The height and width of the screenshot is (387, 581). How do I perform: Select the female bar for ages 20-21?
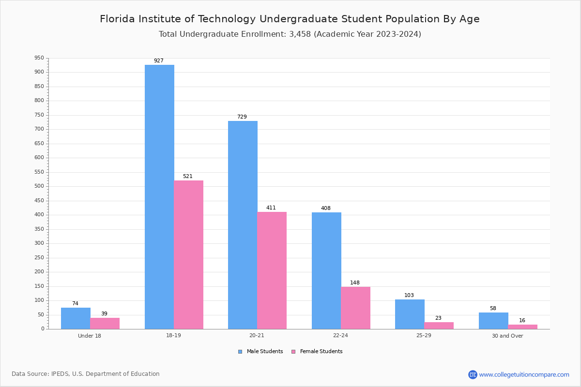pyautogui.click(x=272, y=270)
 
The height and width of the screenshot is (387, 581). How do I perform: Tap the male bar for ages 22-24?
pyautogui.click(x=326, y=270)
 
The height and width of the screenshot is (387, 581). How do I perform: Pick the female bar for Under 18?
pyautogui.click(x=105, y=323)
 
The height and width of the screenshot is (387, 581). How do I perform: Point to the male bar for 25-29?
pyautogui.click(x=410, y=314)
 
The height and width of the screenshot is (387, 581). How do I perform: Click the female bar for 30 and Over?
pyautogui.click(x=522, y=327)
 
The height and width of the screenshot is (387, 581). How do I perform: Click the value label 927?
pyautogui.click(x=159, y=61)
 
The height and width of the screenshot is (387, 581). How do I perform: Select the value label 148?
pyautogui.click(x=355, y=283)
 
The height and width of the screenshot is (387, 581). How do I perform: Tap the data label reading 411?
pyautogui.click(x=271, y=208)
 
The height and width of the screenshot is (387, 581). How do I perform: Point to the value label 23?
pyautogui.click(x=438, y=318)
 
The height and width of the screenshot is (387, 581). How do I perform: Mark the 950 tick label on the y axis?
pyautogui.click(x=39, y=58)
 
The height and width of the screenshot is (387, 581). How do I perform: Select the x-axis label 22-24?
pyautogui.click(x=340, y=336)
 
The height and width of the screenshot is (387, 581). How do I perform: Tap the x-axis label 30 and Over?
pyautogui.click(x=507, y=336)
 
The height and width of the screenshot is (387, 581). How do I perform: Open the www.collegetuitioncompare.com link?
pyautogui.click(x=524, y=374)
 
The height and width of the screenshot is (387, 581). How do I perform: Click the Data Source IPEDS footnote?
pyautogui.click(x=86, y=374)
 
